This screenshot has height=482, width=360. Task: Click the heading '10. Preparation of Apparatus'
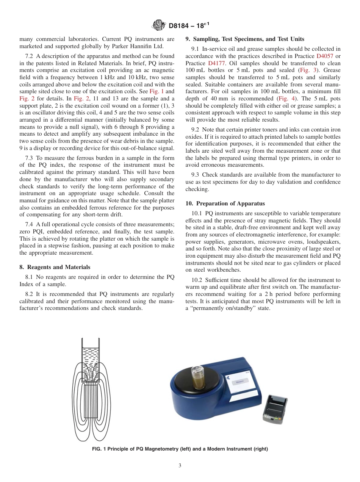225,203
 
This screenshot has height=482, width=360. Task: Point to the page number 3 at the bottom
180,466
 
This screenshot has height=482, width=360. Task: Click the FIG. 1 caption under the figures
180,449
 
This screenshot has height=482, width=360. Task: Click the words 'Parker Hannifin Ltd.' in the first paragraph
135,46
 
